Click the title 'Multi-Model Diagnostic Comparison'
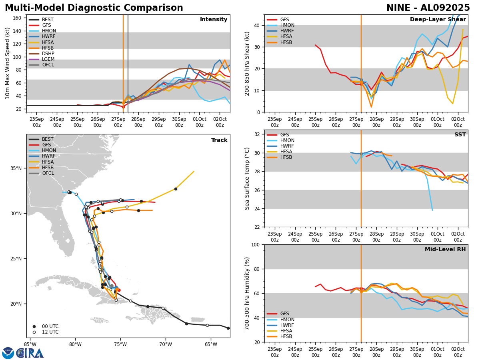(x=94, y=8)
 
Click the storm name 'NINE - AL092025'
(x=428, y=8)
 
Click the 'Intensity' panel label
(x=214, y=20)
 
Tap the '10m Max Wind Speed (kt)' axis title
(x=7, y=63)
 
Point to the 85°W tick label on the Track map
(x=30, y=344)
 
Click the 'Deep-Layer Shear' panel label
(x=438, y=20)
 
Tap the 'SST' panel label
(x=460, y=135)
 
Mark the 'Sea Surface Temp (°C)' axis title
(x=247, y=178)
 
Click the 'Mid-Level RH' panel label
(x=445, y=250)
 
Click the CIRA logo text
(x=30, y=353)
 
